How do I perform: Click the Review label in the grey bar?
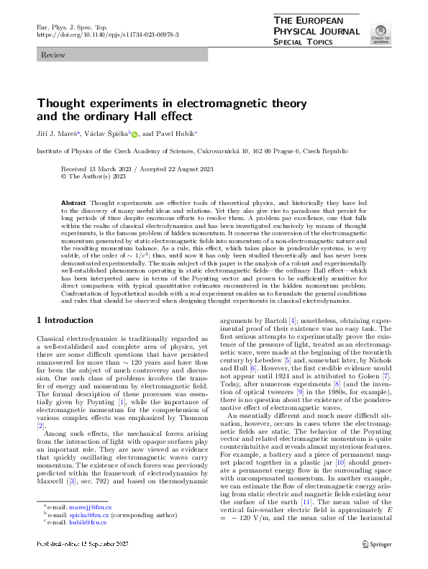53,55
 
